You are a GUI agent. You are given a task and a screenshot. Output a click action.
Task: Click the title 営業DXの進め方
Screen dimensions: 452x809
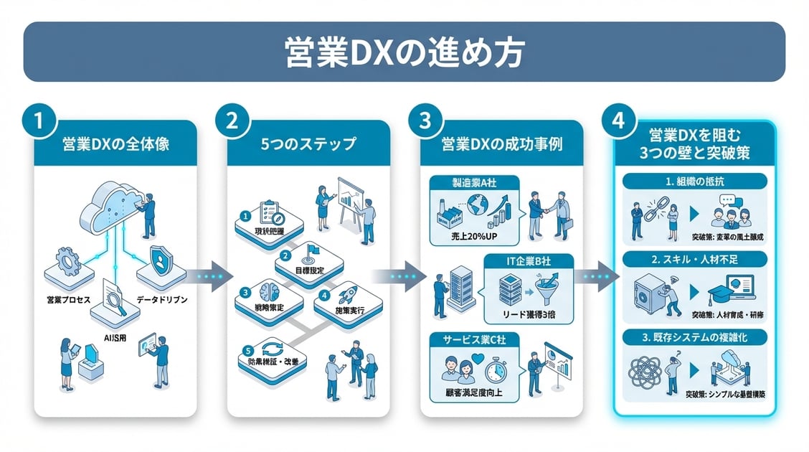click(404, 52)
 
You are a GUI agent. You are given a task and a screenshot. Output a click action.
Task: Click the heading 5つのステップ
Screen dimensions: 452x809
click(308, 143)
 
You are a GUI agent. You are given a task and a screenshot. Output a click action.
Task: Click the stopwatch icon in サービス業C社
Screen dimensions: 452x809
click(495, 370)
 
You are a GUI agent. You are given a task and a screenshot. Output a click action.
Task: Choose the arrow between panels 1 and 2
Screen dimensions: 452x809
click(213, 275)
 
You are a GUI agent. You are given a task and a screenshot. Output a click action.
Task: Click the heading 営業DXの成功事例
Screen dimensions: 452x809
click(502, 143)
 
